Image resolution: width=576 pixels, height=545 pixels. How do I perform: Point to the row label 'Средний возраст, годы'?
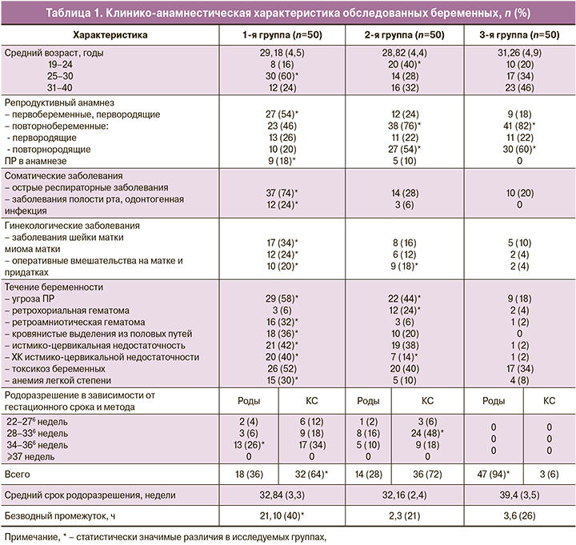coord(55,54)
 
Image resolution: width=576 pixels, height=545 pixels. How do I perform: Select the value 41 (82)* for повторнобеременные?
coord(518,126)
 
